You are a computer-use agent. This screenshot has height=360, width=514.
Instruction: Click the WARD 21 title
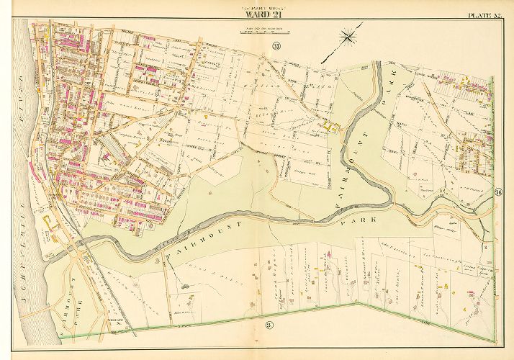coord(257,15)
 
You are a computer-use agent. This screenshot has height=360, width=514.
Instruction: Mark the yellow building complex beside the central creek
coord(332,128)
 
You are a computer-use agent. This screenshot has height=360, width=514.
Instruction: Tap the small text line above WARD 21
coord(257,7)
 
